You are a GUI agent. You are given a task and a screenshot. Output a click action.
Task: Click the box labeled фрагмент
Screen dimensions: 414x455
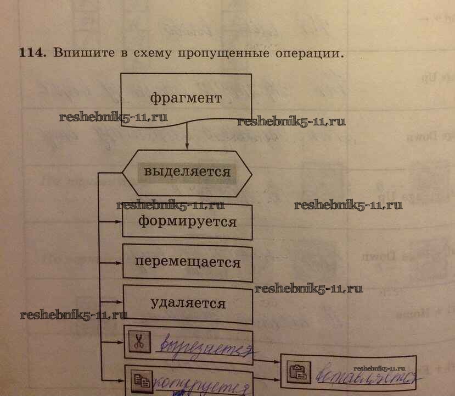pyautogui.click(x=186, y=98)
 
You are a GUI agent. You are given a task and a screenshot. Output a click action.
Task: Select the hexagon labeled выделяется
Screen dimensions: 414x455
pyautogui.click(x=187, y=172)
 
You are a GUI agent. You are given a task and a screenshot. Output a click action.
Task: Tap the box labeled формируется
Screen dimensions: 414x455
pyautogui.click(x=187, y=222)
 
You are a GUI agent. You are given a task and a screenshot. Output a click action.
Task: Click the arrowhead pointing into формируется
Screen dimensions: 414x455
pyautogui.click(x=118, y=222)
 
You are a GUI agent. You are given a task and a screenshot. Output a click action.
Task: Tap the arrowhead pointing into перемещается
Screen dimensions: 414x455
pyautogui.click(x=118, y=262)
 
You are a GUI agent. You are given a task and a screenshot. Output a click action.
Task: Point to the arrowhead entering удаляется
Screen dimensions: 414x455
pyautogui.click(x=118, y=302)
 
